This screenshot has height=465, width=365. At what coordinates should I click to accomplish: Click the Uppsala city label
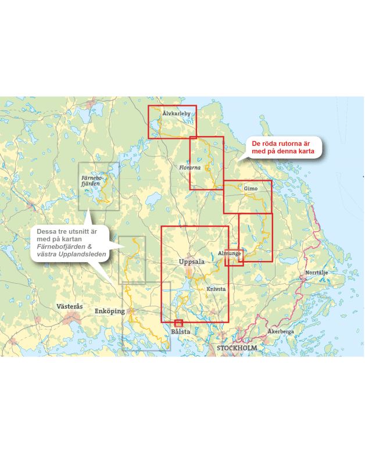click(x=192, y=262)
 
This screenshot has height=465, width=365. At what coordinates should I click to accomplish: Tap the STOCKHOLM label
click(x=237, y=348)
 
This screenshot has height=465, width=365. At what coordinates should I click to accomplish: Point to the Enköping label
click(x=109, y=312)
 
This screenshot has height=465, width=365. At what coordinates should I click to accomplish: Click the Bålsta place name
click(x=181, y=332)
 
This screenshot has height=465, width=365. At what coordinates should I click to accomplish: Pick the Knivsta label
click(x=216, y=289)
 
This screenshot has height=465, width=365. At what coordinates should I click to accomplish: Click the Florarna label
click(x=190, y=167)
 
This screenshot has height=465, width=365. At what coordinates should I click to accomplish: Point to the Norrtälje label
click(x=317, y=273)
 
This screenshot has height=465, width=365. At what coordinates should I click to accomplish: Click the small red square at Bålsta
click(x=178, y=323)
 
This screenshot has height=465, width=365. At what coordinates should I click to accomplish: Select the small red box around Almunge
click(x=234, y=257)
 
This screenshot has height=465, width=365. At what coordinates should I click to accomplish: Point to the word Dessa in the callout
click(x=46, y=231)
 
